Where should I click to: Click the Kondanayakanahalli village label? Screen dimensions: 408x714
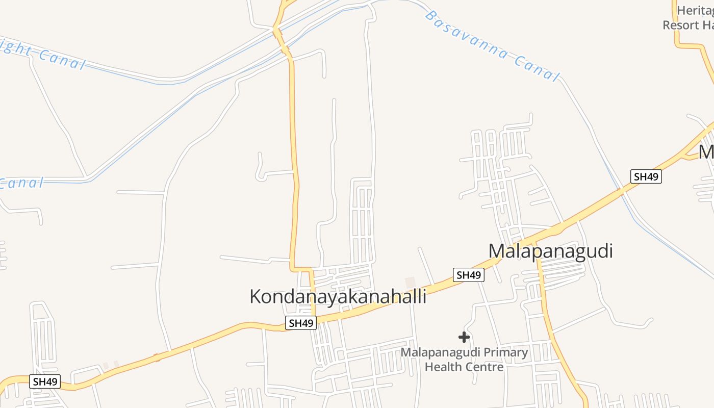pos(338,296)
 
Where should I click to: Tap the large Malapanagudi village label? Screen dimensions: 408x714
pos(550,251)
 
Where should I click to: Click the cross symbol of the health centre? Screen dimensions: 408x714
pos(464,337)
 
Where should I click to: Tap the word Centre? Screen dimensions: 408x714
pos(484,367)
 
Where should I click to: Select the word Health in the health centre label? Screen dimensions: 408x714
pos(443,367)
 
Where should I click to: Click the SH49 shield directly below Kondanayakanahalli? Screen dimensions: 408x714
pos(300,323)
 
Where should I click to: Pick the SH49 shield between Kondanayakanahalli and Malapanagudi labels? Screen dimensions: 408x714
pos(469,275)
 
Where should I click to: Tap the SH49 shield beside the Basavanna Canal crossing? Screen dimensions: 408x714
pos(646,177)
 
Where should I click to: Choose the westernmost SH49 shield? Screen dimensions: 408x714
pos(45,381)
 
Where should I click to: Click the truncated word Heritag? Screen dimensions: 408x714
pos(695,10)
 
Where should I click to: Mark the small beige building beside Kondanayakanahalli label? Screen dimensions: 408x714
pos(410,282)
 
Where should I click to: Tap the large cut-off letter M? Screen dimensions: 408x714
pos(706,152)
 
